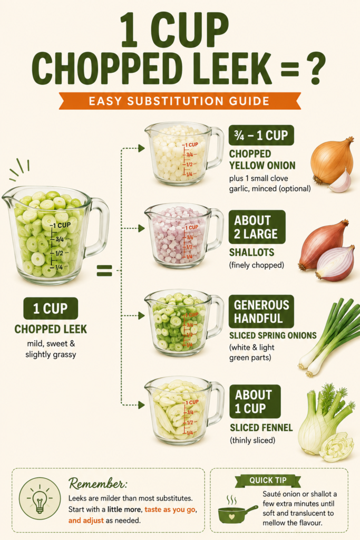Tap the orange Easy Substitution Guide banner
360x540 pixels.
coord(180,101)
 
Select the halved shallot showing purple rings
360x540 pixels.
coord(336,263)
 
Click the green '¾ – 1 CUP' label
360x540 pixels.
coord(261,136)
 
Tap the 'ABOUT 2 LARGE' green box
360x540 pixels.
coord(257,227)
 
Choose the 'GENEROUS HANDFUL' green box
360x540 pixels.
coord(261,312)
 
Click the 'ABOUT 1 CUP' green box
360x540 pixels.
coord(255,401)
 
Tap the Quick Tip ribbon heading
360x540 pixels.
coord(268,480)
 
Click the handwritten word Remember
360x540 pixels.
coord(98,484)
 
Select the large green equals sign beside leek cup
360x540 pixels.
coord(104,271)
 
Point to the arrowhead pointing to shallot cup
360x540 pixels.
coord(141,228)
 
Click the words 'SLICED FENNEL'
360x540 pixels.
coord(261,428)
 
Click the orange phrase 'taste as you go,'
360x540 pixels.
coord(170,509)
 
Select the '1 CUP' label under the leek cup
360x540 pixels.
coord(51,308)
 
